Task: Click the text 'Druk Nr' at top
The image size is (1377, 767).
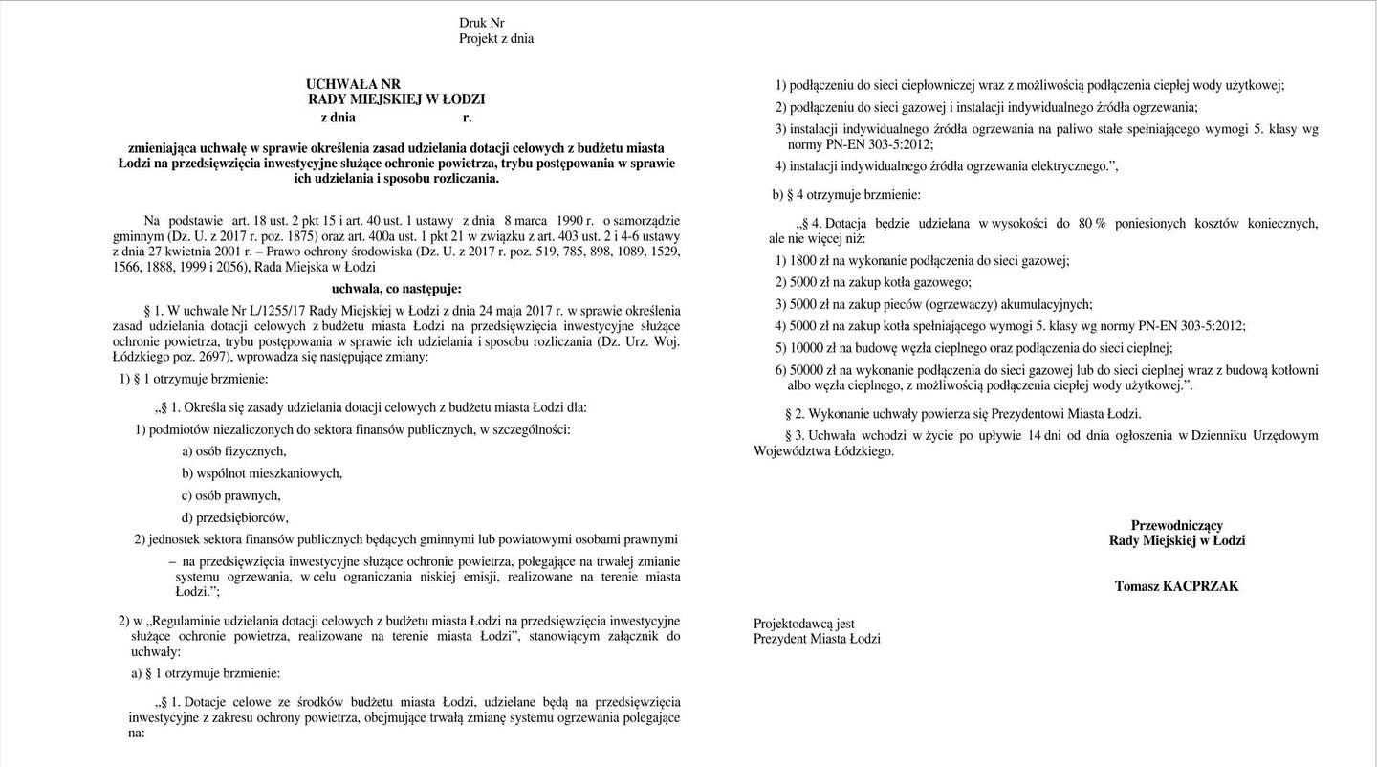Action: tap(481, 23)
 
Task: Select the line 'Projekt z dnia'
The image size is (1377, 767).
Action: tap(496, 39)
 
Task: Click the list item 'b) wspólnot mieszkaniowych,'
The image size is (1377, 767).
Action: tap(262, 473)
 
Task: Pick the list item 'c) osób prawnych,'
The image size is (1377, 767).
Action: tap(230, 495)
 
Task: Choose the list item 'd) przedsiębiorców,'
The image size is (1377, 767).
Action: tap(235, 517)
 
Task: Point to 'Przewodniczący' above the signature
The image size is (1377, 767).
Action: tap(1176, 525)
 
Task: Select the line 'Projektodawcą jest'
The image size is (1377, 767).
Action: tap(804, 625)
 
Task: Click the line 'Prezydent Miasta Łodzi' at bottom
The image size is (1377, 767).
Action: tap(817, 639)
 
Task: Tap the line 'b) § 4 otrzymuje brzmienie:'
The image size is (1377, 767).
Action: tap(846, 195)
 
